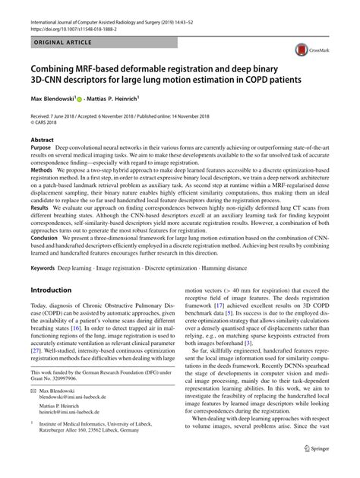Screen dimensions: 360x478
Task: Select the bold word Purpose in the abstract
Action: (43, 149)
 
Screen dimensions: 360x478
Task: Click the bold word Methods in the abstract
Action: (45, 172)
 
